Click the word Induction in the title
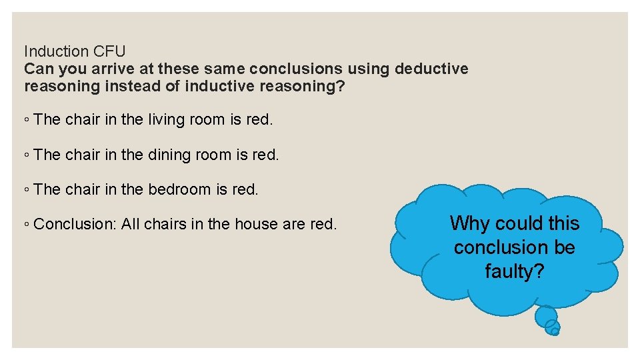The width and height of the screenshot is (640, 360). tap(56, 51)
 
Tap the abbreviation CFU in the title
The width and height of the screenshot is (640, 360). tap(109, 51)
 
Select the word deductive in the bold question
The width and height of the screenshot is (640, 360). tap(431, 69)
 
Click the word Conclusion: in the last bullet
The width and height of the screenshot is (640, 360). tap(75, 224)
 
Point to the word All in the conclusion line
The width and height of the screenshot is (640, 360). tap(131, 224)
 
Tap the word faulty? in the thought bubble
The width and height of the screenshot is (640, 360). tap(515, 271)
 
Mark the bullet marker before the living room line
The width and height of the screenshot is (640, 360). tap(26, 121)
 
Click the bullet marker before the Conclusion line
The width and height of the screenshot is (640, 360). tap(26, 225)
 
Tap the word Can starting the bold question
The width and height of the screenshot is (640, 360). tap(39, 69)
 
